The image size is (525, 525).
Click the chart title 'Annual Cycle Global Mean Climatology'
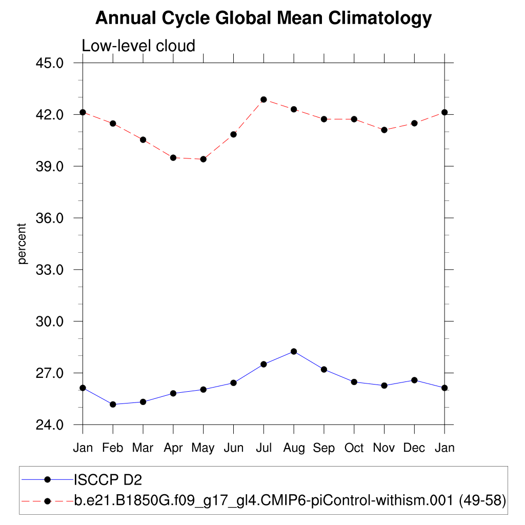pos(264,18)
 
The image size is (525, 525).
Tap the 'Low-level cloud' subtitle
pos(138,46)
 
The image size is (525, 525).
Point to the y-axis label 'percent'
pos(22,244)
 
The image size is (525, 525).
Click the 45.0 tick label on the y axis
pos(50,63)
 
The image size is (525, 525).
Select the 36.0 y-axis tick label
pos(50,218)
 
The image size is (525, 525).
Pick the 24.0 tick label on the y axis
pos(50,425)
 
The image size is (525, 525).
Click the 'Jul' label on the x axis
pos(264,448)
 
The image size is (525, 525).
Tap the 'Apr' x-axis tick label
pos(173,448)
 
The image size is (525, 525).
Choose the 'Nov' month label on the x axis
pos(384,448)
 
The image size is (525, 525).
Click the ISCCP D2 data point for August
pos(294,351)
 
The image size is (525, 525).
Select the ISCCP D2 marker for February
pos(113,405)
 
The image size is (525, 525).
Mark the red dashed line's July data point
pos(264,99)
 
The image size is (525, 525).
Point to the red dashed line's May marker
pos(204,159)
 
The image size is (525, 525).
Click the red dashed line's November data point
pos(384,130)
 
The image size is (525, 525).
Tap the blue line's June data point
pos(233,382)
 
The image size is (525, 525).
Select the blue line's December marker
pos(414,380)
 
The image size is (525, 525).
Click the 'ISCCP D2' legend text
pos(108,480)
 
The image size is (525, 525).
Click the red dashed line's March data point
pos(143,139)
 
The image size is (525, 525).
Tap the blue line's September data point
pos(324,369)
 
